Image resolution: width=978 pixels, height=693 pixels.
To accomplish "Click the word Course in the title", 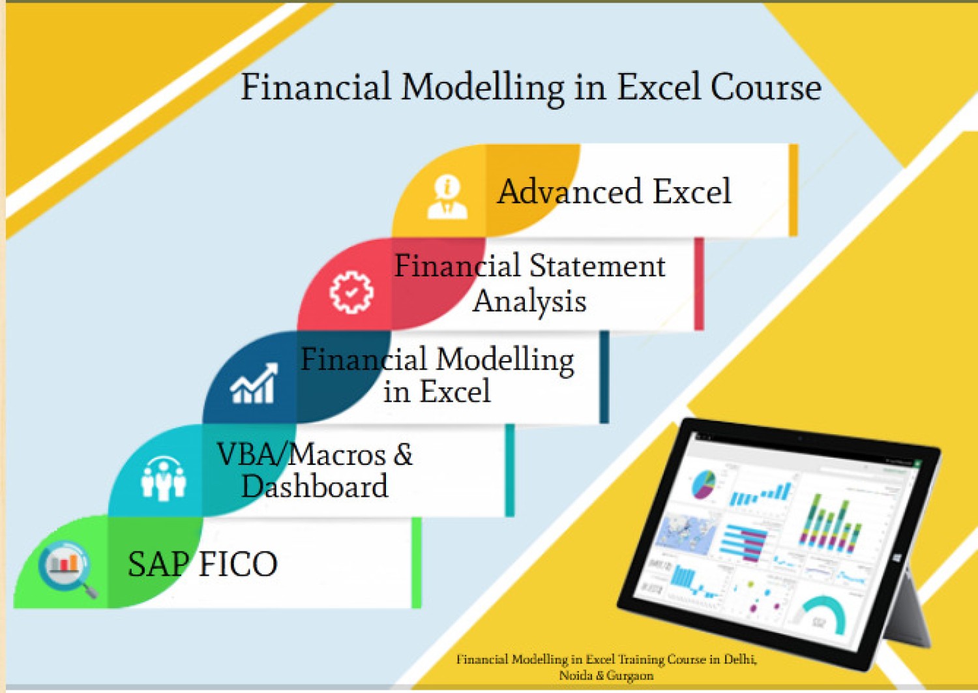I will click(x=765, y=87).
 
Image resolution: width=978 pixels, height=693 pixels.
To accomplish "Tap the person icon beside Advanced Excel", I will click(x=447, y=196).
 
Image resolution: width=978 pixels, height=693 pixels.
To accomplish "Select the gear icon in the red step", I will click(x=351, y=292).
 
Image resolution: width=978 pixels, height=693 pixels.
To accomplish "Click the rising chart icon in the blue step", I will click(x=254, y=385).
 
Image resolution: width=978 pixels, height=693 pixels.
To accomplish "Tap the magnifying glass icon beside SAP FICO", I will click(x=66, y=567).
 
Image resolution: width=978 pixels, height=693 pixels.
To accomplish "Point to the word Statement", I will click(x=597, y=266).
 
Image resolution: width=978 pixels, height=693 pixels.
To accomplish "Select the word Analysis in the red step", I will click(x=529, y=301).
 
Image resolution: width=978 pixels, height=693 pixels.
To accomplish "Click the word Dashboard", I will click(x=314, y=486).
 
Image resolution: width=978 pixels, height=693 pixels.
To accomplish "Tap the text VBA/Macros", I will click(x=301, y=454).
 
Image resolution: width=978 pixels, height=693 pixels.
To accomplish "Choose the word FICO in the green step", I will click(x=238, y=564).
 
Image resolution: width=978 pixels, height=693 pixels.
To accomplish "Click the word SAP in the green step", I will click(x=158, y=564).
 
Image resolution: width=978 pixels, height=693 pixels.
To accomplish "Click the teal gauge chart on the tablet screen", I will click(x=823, y=615).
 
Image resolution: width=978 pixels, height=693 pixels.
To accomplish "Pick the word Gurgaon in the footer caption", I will click(x=630, y=676).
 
